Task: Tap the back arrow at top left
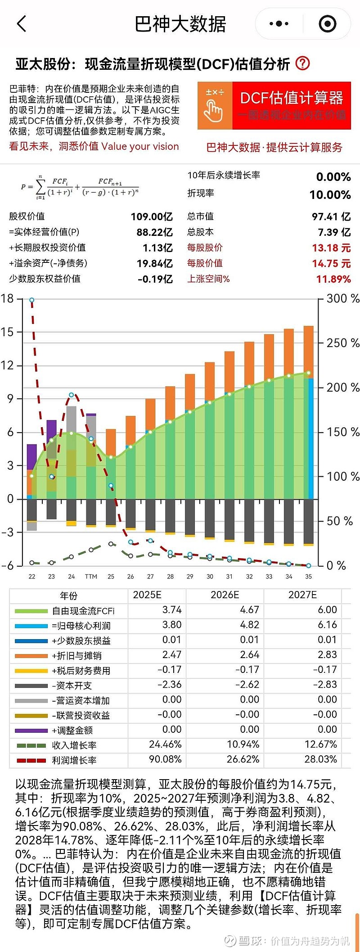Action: (x=22, y=24)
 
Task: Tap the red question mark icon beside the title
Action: (x=302, y=63)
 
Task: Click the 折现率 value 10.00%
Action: (x=330, y=195)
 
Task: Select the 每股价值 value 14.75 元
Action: (x=331, y=263)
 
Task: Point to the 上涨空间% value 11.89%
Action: (x=333, y=279)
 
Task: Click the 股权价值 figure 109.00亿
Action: (x=152, y=217)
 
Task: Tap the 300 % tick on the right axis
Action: (x=342, y=298)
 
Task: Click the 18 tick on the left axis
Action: (x=8, y=298)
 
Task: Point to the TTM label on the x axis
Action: (x=91, y=577)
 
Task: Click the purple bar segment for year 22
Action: (x=32, y=456)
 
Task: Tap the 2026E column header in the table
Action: (x=225, y=595)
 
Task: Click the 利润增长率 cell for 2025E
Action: (x=165, y=759)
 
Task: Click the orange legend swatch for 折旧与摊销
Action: (x=31, y=656)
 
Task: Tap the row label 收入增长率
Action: (x=74, y=745)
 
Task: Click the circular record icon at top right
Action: (x=327, y=24)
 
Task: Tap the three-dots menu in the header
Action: (x=279, y=24)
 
